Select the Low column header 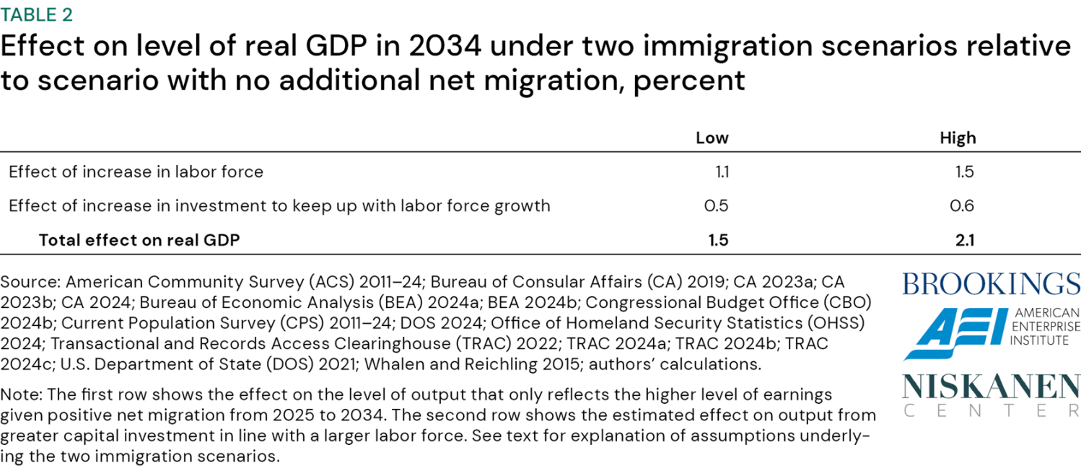pos(712,138)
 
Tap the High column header pos(957,138)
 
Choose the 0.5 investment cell pos(716,206)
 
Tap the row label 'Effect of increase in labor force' pos(136,172)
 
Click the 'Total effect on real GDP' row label pos(139,240)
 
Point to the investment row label pos(279,206)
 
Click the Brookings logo pos(991,283)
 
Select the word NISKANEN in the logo pos(991,387)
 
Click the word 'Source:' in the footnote pos(30,281)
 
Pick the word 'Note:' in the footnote pos(22,394)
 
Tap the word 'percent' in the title pos(688,79)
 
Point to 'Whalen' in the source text pos(391,364)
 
